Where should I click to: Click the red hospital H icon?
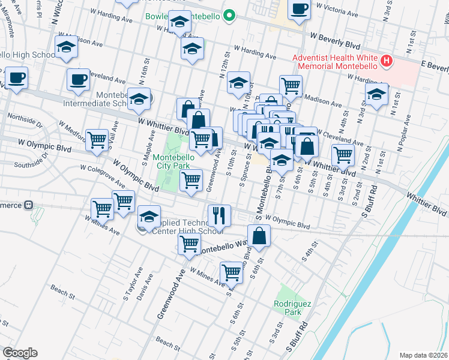pyautogui.click(x=387, y=61)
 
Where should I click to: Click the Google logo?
pyautogui.click(x=20, y=352)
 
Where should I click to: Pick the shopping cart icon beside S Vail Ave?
pyautogui.click(x=97, y=140)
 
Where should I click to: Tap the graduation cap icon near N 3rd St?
pyautogui.click(x=376, y=95)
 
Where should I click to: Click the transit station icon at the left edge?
pyautogui.click(x=28, y=205)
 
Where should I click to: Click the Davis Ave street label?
pyautogui.click(x=143, y=287)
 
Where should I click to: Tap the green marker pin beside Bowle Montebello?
pyautogui.click(x=228, y=16)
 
